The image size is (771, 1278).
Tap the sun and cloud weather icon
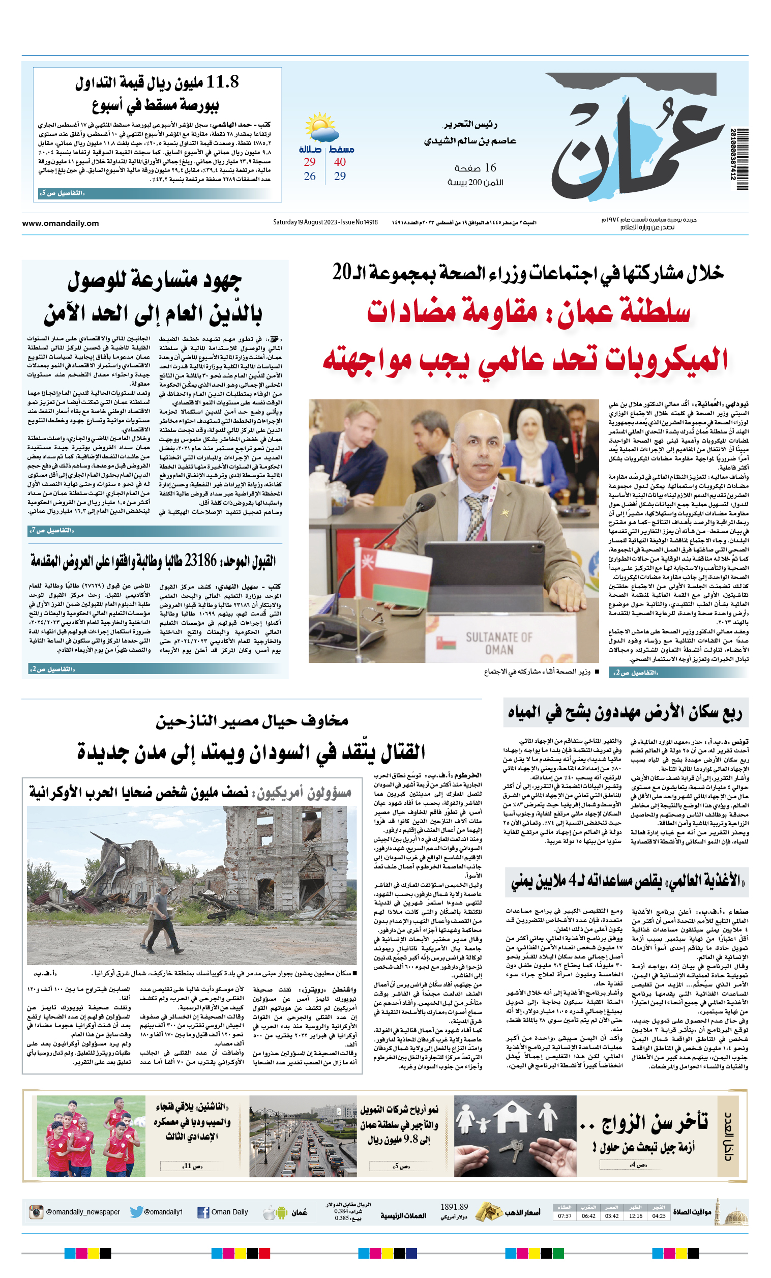point(321,128)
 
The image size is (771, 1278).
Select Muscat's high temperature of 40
point(340,162)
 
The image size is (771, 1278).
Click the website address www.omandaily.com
point(60,223)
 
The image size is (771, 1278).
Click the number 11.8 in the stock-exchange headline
point(222,82)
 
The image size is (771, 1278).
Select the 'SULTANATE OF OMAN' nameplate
point(498,643)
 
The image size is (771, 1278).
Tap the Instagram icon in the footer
point(36,1212)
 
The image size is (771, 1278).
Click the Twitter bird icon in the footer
point(136,1212)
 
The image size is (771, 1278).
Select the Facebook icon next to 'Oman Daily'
point(203,1212)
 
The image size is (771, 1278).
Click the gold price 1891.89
point(454,1207)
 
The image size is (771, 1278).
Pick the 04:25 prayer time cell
point(659,1216)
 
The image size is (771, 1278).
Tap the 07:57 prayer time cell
point(565,1216)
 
